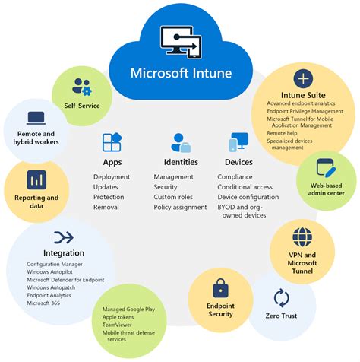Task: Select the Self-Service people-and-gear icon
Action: click(81, 85)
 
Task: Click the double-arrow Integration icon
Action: click(64, 237)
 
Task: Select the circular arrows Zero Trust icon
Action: click(282, 297)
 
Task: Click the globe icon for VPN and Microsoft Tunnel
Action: click(302, 237)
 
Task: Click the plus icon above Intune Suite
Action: click(302, 78)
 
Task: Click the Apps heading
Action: click(112, 162)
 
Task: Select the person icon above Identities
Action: click(181, 142)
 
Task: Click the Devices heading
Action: click(238, 162)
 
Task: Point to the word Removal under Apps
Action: click(107, 206)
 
